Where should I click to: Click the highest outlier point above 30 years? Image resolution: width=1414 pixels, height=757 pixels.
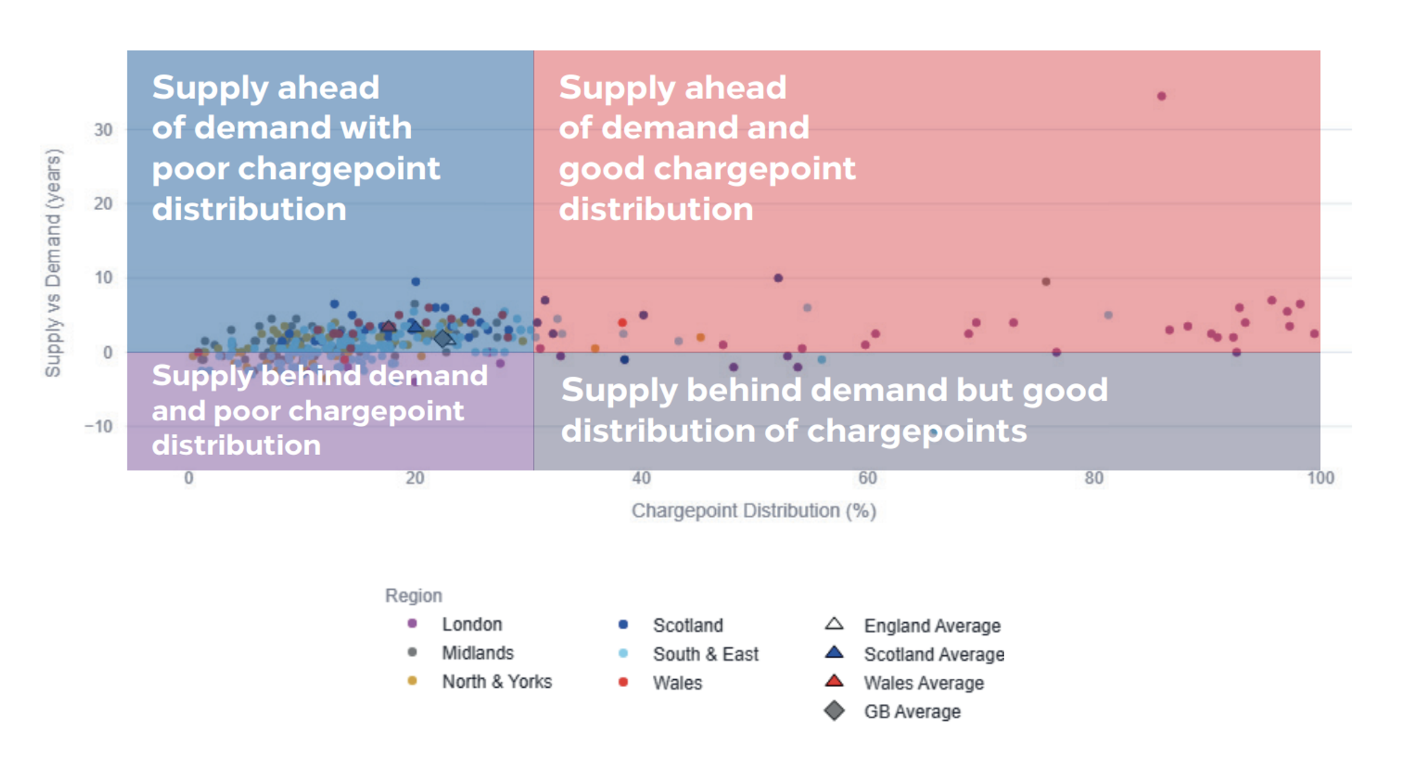pyautogui.click(x=1161, y=96)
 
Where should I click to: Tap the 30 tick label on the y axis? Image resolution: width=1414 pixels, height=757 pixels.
pyautogui.click(x=103, y=130)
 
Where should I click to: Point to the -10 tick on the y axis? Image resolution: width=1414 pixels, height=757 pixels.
pyautogui.click(x=99, y=427)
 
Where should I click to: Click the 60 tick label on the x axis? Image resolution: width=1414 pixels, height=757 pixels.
pyautogui.click(x=867, y=478)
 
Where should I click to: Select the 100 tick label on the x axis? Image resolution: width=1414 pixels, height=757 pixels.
pyautogui.click(x=1320, y=478)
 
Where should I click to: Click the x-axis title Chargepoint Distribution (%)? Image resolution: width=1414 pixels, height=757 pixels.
pyautogui.click(x=754, y=511)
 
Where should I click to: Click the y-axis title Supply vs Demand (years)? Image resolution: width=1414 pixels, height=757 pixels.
pyautogui.click(x=54, y=263)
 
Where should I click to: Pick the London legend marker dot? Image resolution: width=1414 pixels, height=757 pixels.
pyautogui.click(x=412, y=624)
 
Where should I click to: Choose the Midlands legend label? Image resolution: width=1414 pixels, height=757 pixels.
pyautogui.click(x=478, y=653)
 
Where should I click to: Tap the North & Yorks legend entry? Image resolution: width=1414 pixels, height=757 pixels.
pyautogui.click(x=496, y=682)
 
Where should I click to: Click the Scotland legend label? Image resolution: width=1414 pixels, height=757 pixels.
pyautogui.click(x=688, y=625)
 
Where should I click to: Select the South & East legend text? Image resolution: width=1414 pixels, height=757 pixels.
pyautogui.click(x=705, y=654)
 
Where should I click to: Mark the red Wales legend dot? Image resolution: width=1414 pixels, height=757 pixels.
pyautogui.click(x=623, y=682)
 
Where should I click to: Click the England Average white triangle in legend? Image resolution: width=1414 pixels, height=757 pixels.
pyautogui.click(x=834, y=624)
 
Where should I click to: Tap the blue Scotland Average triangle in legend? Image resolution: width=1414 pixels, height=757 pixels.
pyautogui.click(x=834, y=653)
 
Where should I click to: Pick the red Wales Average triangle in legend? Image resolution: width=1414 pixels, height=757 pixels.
pyautogui.click(x=834, y=681)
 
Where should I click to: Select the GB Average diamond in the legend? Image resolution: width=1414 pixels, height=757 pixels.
pyautogui.click(x=834, y=711)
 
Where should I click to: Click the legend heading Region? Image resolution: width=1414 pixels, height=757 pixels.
pyautogui.click(x=413, y=595)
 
